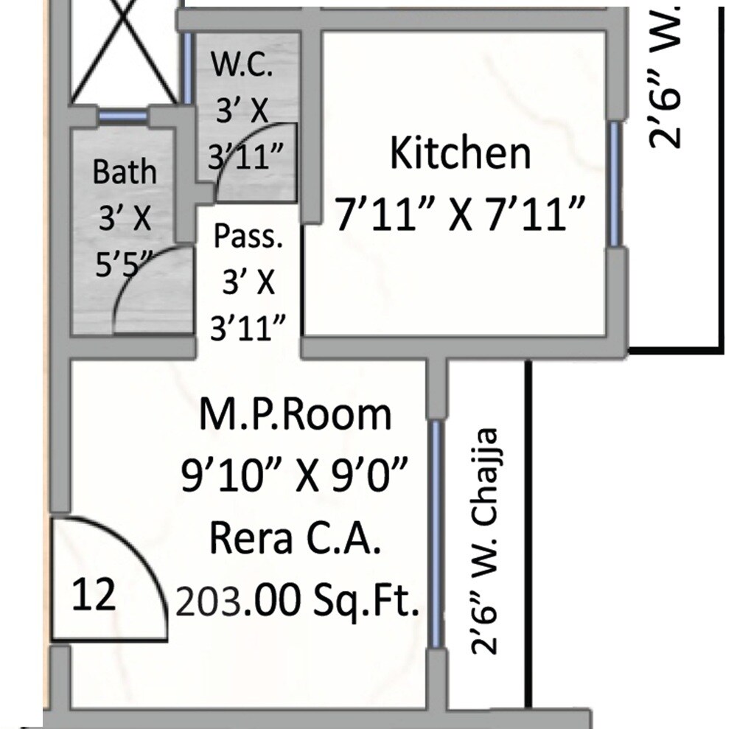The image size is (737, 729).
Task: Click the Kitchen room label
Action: click(460, 154)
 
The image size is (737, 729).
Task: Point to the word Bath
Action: click(125, 172)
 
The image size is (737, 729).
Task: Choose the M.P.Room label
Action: click(296, 415)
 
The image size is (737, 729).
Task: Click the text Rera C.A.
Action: click(296, 540)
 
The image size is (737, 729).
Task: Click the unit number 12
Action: click(94, 594)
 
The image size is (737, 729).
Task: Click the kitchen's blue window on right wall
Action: click(614, 184)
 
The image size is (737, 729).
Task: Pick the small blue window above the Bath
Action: click(122, 115)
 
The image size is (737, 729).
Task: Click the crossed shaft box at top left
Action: click(125, 52)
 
